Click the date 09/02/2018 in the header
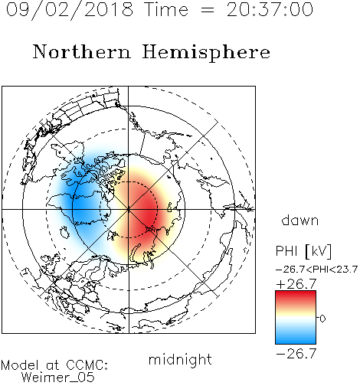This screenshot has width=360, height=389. click(x=70, y=10)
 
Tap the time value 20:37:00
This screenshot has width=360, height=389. click(x=270, y=10)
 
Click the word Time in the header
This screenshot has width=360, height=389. click(x=166, y=10)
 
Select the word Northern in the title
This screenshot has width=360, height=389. click(x=82, y=52)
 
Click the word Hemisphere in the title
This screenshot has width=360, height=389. click(x=206, y=53)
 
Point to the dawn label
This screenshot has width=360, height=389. click(x=299, y=220)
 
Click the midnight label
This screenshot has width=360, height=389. click(x=180, y=359)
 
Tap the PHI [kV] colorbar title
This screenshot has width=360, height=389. click(x=303, y=251)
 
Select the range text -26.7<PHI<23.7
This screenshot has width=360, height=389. click(x=316, y=270)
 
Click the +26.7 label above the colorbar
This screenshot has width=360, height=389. click(x=296, y=284)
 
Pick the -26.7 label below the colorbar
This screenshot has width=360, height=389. click(x=296, y=354)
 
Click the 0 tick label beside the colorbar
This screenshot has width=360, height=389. click(x=322, y=319)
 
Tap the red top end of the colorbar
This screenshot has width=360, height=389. click(x=296, y=293)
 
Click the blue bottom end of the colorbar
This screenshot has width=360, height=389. click(x=296, y=342)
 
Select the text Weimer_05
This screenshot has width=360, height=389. click(x=58, y=378)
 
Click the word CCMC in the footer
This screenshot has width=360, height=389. click(x=87, y=365)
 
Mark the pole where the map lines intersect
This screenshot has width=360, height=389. click(x=129, y=209)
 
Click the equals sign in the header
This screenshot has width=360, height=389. click(x=208, y=10)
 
